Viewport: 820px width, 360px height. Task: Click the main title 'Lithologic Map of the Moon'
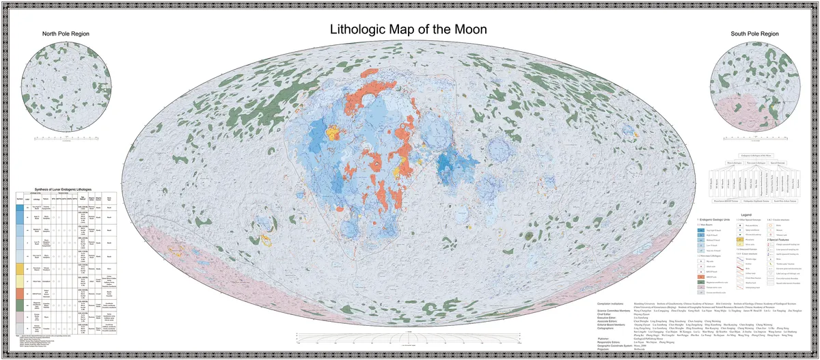pos(409,30)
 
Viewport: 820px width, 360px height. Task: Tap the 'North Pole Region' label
pos(66,33)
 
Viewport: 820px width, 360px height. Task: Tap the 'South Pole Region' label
pos(754,33)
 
